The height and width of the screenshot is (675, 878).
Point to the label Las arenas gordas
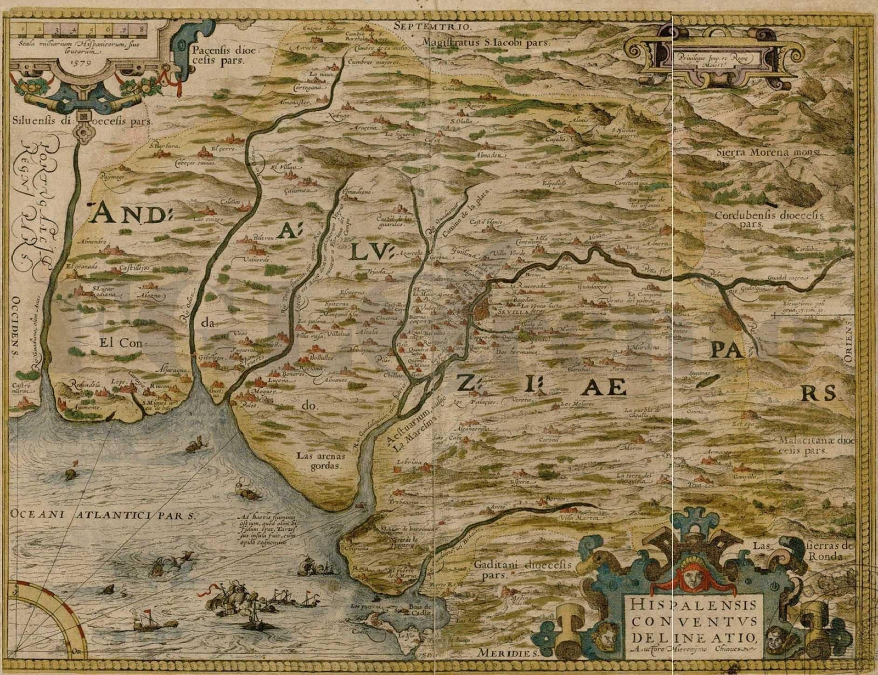(318, 461)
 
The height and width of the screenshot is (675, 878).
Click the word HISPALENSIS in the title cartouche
(693, 605)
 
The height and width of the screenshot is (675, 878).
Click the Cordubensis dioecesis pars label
(768, 219)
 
